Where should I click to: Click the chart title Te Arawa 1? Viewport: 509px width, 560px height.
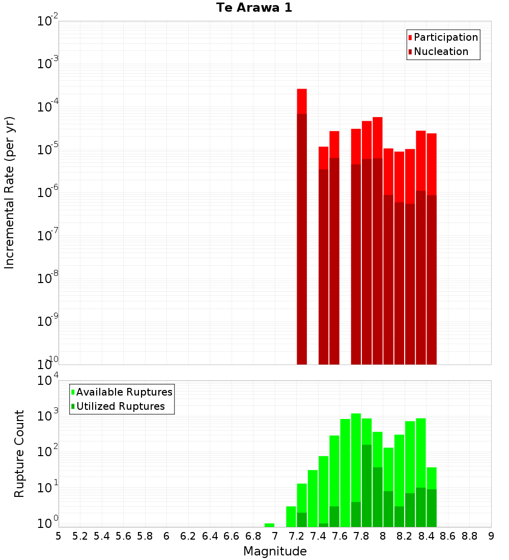254,8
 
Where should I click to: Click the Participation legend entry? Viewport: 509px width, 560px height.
446,37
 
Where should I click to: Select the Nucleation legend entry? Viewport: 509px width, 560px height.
441,51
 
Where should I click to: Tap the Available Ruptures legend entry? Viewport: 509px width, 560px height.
124,392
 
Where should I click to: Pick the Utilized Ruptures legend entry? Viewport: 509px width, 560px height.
120,406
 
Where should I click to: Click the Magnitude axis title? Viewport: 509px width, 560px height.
275,551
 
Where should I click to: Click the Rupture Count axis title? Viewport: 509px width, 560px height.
19,453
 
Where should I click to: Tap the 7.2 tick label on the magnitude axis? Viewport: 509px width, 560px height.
296,536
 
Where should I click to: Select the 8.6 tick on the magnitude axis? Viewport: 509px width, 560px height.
448,536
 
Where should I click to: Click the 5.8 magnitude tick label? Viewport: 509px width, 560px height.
145,536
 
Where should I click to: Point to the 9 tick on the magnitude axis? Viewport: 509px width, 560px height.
491,536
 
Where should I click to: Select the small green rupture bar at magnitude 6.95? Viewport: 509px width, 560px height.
269,525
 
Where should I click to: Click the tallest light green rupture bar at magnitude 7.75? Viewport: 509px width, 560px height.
356,458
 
